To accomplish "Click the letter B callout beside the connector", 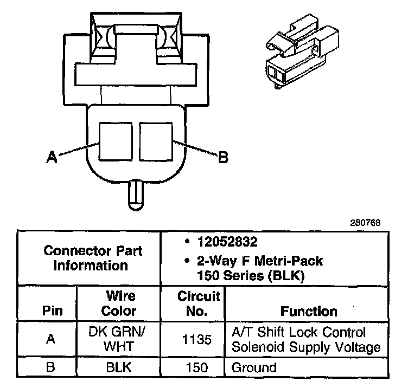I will pos(222,158).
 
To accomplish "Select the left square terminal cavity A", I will pos(116,141).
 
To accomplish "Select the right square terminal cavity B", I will pos(156,141).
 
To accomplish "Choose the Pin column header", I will pos(53,312).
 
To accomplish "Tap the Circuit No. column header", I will pos(198,303).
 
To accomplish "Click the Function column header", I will pos(309,312).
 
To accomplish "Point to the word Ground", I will pos(254,368).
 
